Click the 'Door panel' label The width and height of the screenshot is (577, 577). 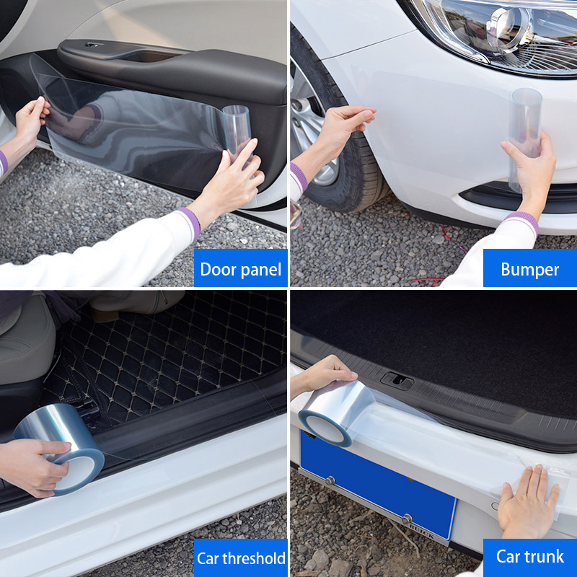click(x=240, y=269)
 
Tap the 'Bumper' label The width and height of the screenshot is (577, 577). click(x=529, y=269)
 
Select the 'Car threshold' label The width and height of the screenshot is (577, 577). click(x=240, y=558)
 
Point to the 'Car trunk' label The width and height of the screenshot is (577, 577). click(x=529, y=556)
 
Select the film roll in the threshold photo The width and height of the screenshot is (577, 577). click(x=61, y=454)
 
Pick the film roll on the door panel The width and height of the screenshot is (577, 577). click(x=236, y=130)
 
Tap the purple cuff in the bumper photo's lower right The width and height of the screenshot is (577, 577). click(x=521, y=221)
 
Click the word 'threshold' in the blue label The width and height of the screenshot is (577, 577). click(x=254, y=558)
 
